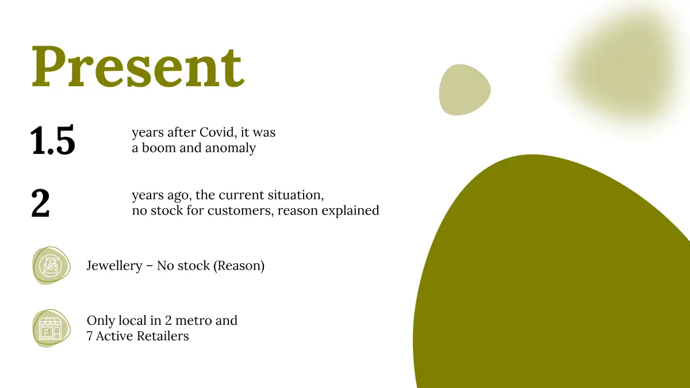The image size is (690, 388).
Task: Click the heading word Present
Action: pyautogui.click(x=139, y=67)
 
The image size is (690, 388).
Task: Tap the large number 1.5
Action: pyautogui.click(x=53, y=140)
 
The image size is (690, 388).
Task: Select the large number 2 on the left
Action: pyautogui.click(x=40, y=203)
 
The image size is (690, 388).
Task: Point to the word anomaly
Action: pyautogui.click(x=231, y=148)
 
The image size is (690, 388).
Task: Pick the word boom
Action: pyautogui.click(x=159, y=148)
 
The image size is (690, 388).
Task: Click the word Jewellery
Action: pyautogui.click(x=114, y=266)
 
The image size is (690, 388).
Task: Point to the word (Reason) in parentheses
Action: pyautogui.click(x=239, y=266)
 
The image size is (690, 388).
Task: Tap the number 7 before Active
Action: pyautogui.click(x=90, y=336)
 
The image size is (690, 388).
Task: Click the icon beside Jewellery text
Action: pyautogui.click(x=51, y=266)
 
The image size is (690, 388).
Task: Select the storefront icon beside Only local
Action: pyautogui.click(x=51, y=329)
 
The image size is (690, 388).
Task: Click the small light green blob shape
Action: pyautogui.click(x=465, y=90)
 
